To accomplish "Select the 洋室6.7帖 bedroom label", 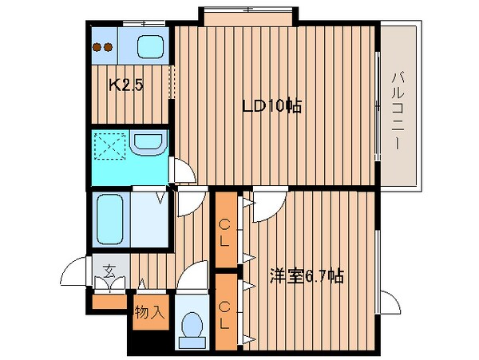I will (307, 277).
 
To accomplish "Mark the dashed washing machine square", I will (110, 145).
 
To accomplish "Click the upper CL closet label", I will (226, 228).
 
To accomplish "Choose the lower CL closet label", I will (226, 307).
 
